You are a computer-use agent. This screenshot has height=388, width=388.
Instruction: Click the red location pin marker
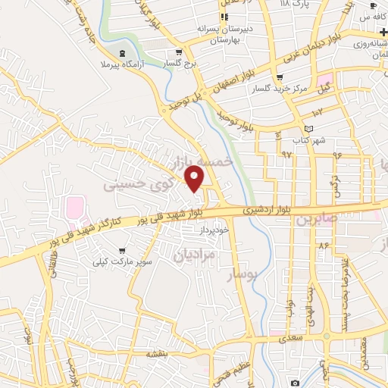195,178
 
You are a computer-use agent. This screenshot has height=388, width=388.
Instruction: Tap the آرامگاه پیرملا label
120,66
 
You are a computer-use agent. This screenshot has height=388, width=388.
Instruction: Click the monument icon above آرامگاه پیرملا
123,53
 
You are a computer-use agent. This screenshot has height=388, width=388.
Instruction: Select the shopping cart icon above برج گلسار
179,52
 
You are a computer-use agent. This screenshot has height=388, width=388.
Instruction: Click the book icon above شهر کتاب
307,128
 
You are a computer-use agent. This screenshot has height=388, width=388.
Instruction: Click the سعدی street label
289,338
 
